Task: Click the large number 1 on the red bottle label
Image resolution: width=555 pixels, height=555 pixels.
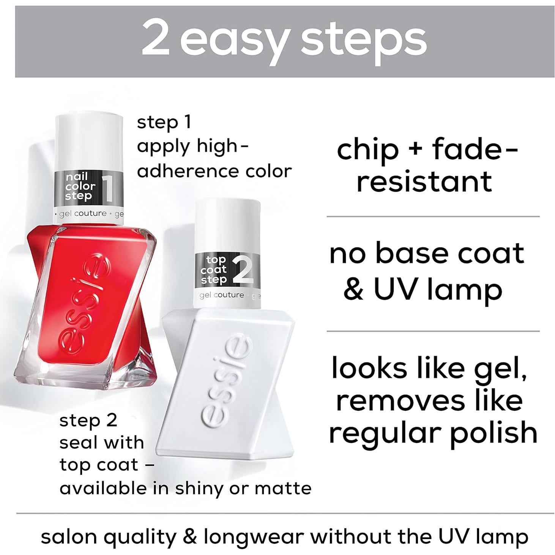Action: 108,187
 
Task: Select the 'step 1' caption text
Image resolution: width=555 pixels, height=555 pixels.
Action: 164,122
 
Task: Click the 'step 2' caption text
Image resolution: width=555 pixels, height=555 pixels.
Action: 88,421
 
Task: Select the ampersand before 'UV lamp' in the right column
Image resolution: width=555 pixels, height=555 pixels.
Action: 353,290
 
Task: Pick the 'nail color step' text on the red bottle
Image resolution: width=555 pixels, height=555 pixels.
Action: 80,186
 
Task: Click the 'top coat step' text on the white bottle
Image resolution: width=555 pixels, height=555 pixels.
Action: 214,270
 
